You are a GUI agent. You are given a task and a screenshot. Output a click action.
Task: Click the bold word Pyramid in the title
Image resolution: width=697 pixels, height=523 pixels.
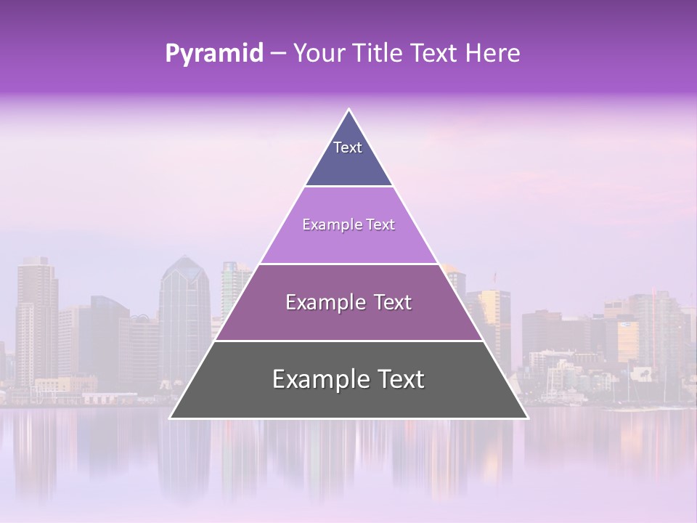(213, 54)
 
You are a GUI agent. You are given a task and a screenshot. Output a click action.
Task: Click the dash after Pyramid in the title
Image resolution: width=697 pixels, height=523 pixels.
(277, 54)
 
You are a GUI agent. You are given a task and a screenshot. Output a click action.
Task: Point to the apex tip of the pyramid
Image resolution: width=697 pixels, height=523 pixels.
(349, 110)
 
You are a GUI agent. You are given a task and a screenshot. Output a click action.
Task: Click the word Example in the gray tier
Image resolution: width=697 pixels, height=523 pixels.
(317, 379)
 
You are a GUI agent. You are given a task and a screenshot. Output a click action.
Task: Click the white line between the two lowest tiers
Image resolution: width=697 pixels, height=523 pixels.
(348, 341)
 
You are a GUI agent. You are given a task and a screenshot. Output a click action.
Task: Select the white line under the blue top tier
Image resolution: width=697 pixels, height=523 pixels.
(348, 187)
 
